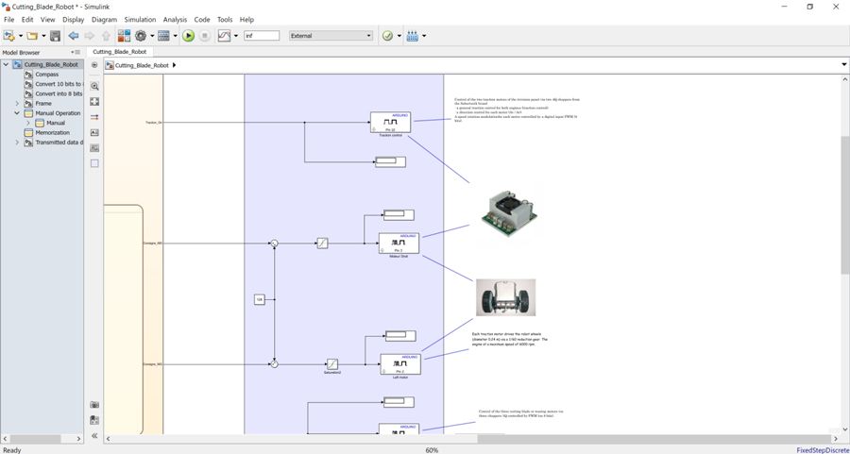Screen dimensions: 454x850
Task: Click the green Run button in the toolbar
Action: point(189,36)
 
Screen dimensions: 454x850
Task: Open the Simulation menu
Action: point(140,19)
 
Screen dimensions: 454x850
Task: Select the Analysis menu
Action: point(175,19)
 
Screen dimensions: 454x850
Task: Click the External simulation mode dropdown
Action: point(331,36)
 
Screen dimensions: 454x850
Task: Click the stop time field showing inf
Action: point(262,36)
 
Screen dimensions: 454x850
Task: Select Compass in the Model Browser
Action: point(47,75)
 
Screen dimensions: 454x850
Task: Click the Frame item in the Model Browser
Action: point(43,104)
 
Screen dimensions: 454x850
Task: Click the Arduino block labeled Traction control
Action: point(390,123)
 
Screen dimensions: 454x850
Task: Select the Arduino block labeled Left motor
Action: point(400,363)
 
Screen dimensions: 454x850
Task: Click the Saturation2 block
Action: point(331,363)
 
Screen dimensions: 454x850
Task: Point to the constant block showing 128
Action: point(260,299)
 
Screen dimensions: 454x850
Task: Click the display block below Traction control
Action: point(390,161)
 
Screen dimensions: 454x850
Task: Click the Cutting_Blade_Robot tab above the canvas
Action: point(120,52)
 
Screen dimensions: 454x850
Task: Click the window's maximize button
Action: point(809,7)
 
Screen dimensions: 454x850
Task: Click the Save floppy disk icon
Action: point(56,36)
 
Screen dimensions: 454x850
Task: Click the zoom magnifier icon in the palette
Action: point(94,86)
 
